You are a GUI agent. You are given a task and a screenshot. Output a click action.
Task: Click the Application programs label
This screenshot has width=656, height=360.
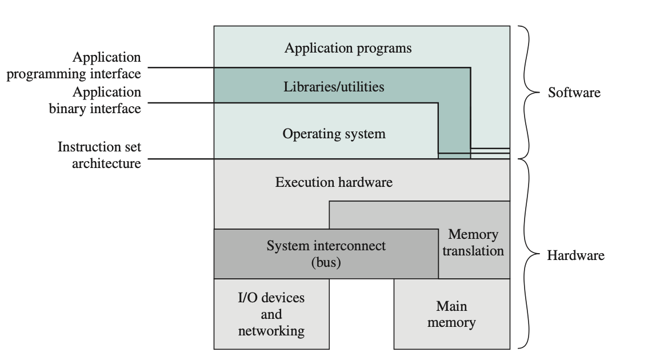pyautogui.click(x=347, y=47)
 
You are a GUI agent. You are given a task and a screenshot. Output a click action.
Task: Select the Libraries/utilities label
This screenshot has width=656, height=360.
pyautogui.click(x=334, y=87)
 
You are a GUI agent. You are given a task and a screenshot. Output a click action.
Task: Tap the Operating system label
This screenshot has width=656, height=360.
pyautogui.click(x=334, y=134)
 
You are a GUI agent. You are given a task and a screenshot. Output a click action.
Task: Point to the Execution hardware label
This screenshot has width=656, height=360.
pyautogui.click(x=334, y=182)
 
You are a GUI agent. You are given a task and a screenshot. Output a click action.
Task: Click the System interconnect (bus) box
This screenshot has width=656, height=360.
pyautogui.click(x=326, y=254)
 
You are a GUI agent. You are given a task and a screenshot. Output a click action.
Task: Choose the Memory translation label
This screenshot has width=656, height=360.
pyautogui.click(x=473, y=242)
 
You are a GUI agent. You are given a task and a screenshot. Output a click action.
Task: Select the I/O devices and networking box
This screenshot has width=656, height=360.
pyautogui.click(x=271, y=314)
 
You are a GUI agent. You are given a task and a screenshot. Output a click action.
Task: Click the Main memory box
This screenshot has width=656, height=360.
pyautogui.click(x=451, y=314)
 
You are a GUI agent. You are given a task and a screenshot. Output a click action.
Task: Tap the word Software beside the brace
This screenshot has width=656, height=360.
pyautogui.click(x=574, y=93)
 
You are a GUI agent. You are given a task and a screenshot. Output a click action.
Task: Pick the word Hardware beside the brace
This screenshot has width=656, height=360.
pyautogui.click(x=575, y=255)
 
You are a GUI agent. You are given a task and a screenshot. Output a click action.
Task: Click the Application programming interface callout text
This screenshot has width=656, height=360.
pyautogui.click(x=74, y=66)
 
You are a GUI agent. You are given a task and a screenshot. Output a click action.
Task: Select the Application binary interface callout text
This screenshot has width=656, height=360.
pyautogui.click(x=95, y=100)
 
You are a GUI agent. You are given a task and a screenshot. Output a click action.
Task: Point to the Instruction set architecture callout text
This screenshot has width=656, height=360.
pyautogui.click(x=99, y=155)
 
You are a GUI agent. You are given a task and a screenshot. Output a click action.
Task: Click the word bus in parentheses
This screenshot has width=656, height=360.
pyautogui.click(x=326, y=263)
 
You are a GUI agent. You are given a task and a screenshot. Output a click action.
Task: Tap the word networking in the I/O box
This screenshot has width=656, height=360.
pyautogui.click(x=271, y=331)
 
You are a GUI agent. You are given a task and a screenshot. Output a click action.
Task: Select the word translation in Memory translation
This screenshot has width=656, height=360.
pyautogui.click(x=473, y=251)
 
